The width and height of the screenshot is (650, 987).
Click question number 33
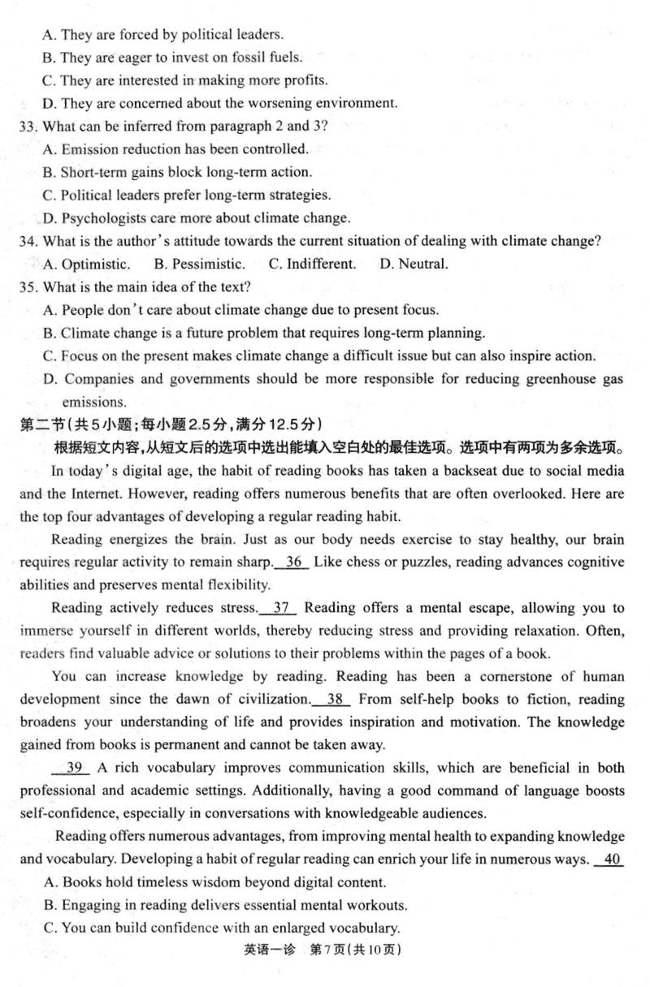(x=28, y=126)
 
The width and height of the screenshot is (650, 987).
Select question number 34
(x=28, y=240)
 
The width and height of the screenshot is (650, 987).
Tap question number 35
(x=28, y=287)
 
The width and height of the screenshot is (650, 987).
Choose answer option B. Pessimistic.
(x=198, y=264)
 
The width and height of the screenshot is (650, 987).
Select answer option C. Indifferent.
(x=311, y=264)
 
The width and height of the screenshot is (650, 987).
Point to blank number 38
(x=333, y=699)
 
